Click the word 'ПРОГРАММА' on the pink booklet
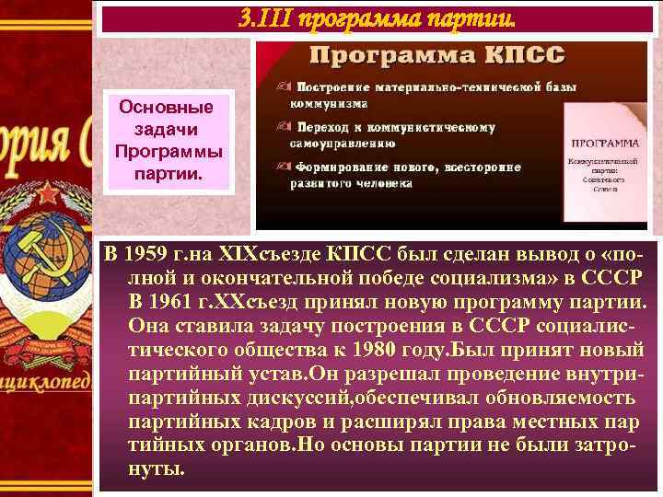(x=606, y=144)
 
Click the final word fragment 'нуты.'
(x=157, y=469)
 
